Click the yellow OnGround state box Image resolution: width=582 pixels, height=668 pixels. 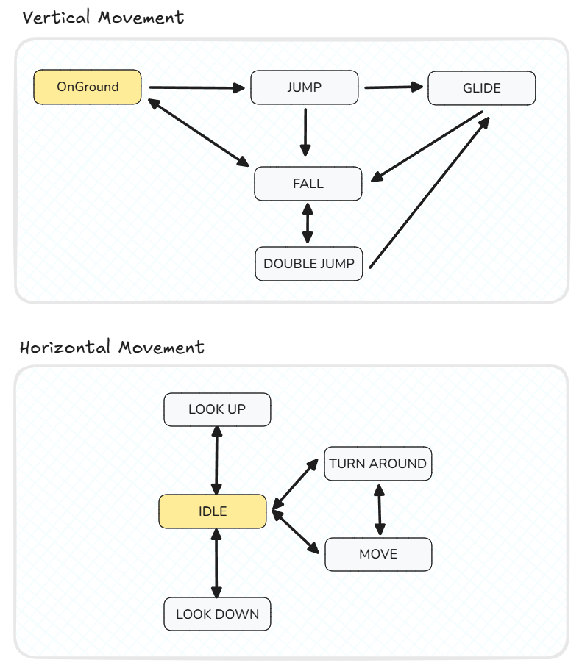(88, 87)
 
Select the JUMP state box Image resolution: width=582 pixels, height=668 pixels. (304, 87)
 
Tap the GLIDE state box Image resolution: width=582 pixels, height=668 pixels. (482, 88)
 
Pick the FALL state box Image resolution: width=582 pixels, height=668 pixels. (308, 184)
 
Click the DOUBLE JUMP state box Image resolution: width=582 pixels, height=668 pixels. (309, 264)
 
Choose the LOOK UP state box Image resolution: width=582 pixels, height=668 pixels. (217, 409)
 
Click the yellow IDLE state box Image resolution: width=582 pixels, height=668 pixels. (213, 511)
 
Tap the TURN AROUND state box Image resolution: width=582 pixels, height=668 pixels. (378, 464)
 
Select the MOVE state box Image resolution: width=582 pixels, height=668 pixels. (378, 554)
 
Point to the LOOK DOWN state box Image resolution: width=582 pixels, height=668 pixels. (217, 614)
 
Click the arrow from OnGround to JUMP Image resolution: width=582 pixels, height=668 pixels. (197, 87)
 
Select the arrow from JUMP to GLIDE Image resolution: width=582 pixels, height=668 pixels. (394, 87)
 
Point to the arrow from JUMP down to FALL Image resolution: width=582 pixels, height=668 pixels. (305, 132)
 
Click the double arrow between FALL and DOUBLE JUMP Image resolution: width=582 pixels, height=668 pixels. (308, 223)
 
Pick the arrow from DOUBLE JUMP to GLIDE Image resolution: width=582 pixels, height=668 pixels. (429, 193)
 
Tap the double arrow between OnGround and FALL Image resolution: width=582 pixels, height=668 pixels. (199, 133)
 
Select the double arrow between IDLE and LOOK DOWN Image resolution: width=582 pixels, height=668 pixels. (217, 563)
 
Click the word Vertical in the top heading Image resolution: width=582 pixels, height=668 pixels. (56, 17)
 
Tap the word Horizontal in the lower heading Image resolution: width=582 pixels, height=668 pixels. (65, 347)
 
